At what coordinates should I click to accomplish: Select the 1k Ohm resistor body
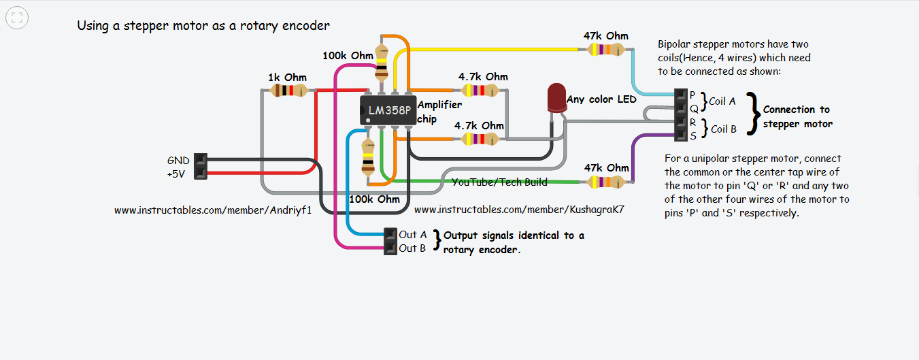[x=286, y=91]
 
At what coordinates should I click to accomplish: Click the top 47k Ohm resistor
[x=606, y=49]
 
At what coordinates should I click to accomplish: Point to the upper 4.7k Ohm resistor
[x=482, y=90]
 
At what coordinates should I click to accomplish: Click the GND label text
[x=178, y=161]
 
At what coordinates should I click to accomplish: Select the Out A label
[x=413, y=235]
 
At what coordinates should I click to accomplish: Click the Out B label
[x=413, y=248]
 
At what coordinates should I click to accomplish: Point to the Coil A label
[x=722, y=101]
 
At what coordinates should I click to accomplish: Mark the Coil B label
[x=724, y=129]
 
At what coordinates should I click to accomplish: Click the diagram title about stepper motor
[x=203, y=26]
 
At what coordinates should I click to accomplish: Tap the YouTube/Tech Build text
[x=500, y=182]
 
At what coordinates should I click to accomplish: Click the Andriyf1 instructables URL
[x=213, y=211]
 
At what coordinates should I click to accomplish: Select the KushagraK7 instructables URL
[x=519, y=211]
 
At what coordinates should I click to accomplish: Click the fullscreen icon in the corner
[x=17, y=18]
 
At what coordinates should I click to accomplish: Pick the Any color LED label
[x=601, y=99]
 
